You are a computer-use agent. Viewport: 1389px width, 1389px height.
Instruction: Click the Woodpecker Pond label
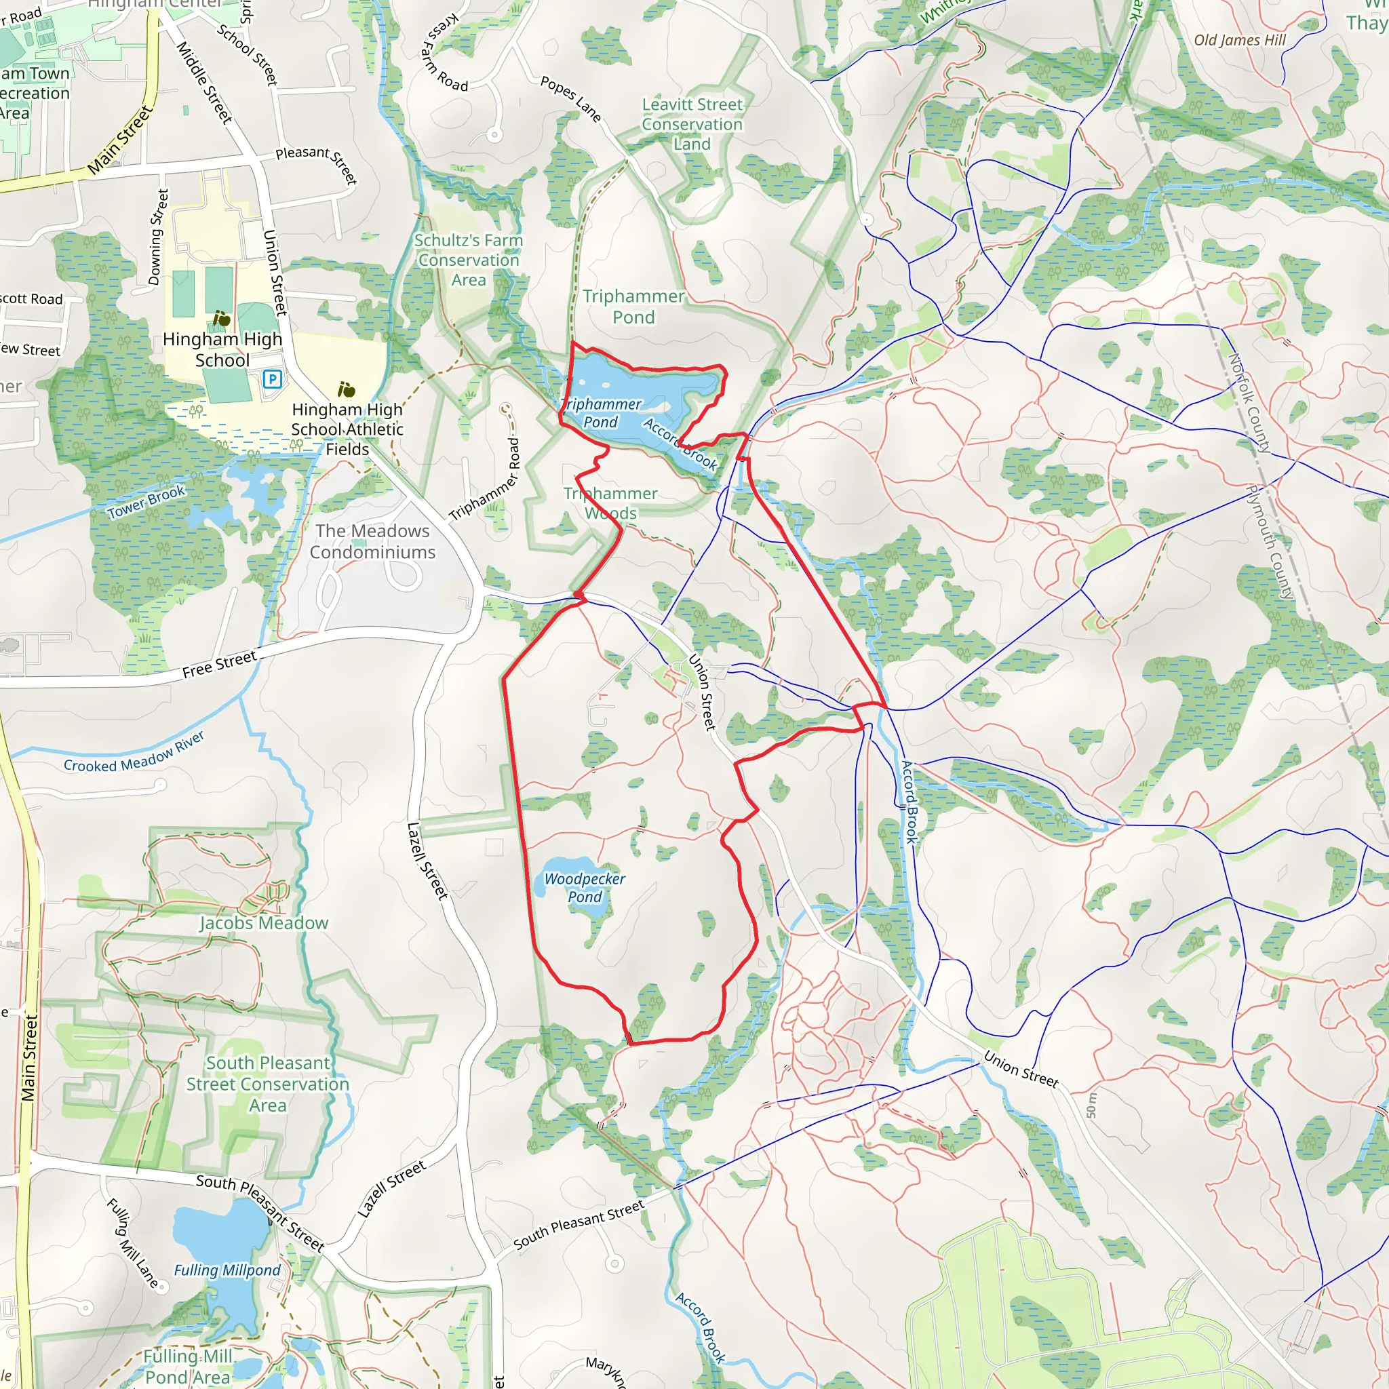[x=585, y=887]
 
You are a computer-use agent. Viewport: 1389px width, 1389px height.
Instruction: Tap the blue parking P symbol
[x=273, y=378]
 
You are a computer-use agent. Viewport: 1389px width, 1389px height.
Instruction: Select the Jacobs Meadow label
[x=264, y=922]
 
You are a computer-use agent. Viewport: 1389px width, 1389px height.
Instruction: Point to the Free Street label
[x=219, y=664]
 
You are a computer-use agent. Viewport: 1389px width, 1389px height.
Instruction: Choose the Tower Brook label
[x=146, y=501]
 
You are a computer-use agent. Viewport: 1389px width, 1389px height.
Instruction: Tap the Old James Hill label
[x=1240, y=40]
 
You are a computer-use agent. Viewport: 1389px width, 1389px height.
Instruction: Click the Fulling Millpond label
[x=227, y=1270]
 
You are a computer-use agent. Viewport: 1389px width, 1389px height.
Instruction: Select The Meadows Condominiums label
[x=372, y=541]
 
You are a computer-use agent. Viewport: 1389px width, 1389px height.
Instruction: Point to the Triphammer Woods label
[x=610, y=503]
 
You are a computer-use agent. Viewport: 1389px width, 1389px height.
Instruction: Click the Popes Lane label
[x=571, y=98]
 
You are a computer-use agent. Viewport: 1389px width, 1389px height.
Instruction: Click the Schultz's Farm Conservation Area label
[x=469, y=260]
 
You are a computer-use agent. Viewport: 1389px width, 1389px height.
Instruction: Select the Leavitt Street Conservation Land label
[x=692, y=123]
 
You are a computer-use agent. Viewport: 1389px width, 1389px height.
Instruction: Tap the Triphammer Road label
[x=484, y=480]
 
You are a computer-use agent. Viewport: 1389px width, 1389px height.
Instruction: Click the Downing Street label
[x=158, y=237]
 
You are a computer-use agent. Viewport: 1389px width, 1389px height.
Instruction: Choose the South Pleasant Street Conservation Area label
[x=267, y=1084]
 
